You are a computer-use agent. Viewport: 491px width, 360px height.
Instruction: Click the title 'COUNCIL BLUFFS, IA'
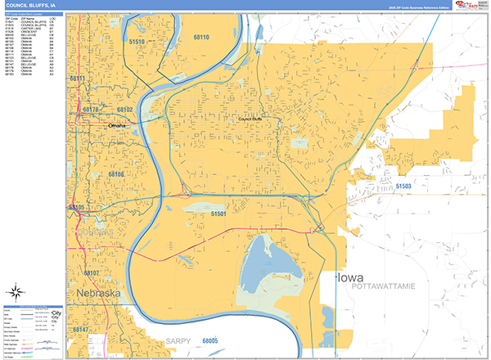(x=30, y=5)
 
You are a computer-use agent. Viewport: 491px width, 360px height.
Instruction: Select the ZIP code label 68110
(x=201, y=38)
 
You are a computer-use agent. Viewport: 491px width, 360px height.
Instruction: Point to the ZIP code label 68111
(x=78, y=79)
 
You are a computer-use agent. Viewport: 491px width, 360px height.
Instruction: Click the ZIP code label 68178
(x=90, y=109)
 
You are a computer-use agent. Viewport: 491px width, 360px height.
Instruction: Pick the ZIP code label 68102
(x=124, y=109)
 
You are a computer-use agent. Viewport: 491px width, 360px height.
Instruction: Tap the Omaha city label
(x=120, y=125)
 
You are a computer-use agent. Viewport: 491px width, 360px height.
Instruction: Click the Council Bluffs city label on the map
(x=255, y=119)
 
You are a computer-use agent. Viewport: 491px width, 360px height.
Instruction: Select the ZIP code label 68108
(x=115, y=174)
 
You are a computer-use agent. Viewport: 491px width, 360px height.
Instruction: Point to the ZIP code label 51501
(x=218, y=213)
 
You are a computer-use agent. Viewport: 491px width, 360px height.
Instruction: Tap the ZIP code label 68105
(x=76, y=208)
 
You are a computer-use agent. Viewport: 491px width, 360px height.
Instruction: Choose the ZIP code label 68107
(x=91, y=272)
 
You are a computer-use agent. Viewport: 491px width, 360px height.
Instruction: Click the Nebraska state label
(x=100, y=293)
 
